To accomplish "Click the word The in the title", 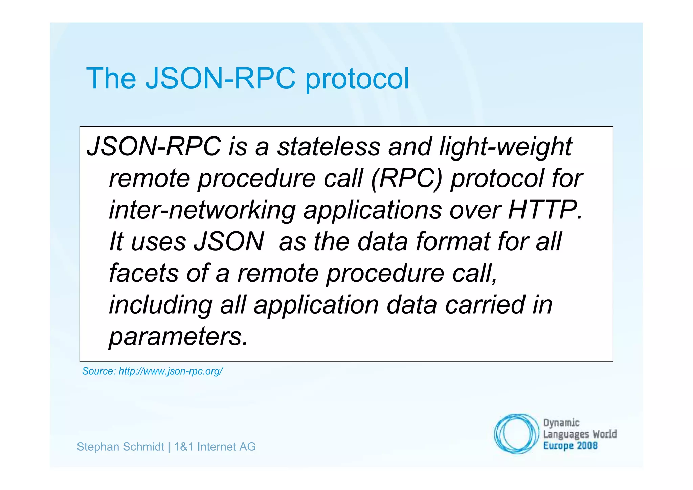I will tap(111, 79).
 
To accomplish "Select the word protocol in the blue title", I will tap(357, 80).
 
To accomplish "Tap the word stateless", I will tap(329, 147).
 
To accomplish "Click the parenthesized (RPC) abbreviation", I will tap(407, 179).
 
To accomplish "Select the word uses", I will tap(158, 242).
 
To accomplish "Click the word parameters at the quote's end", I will tap(178, 337).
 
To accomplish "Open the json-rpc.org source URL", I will tap(171, 371).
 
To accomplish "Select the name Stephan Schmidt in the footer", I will tap(120, 447).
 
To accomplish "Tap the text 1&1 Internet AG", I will tap(215, 447).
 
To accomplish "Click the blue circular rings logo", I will tap(516, 434).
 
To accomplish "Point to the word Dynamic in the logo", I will tap(561, 423).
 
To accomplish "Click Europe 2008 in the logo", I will tap(570, 446).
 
